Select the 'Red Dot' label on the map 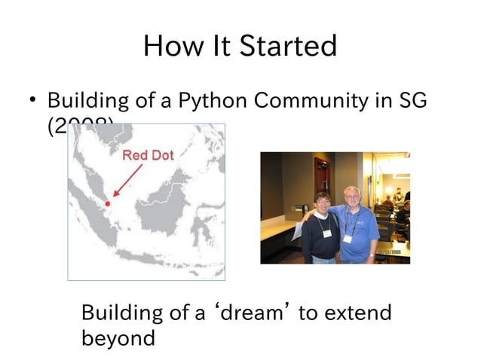pos(148,155)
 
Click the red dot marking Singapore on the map pos(108,203)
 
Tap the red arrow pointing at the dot pos(127,182)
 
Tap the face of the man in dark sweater pos(323,204)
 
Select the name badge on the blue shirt pos(348,238)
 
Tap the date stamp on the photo pos(394,252)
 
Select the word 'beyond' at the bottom pos(118,338)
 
